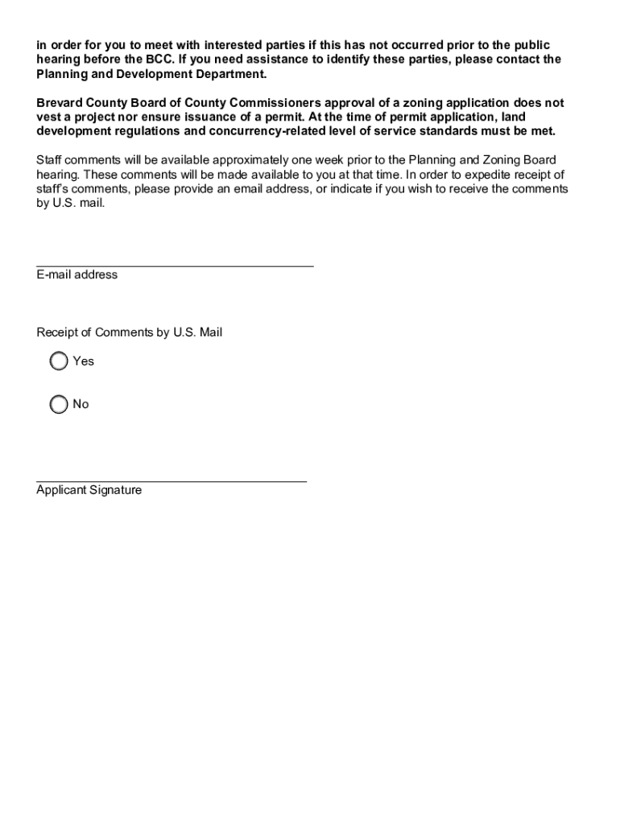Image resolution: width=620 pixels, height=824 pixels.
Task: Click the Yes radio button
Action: click(59, 361)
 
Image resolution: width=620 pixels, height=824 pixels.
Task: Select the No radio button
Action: click(59, 404)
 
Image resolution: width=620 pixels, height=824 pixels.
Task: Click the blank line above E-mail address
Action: click(175, 263)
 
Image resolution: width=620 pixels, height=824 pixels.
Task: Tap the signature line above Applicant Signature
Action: click(172, 480)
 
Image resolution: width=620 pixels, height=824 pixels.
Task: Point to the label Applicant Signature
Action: click(89, 490)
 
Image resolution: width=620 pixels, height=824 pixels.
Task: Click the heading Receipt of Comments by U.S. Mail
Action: click(129, 332)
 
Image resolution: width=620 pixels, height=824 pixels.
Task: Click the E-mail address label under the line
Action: click(76, 274)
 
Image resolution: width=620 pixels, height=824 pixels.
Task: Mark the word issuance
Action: click(226, 117)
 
